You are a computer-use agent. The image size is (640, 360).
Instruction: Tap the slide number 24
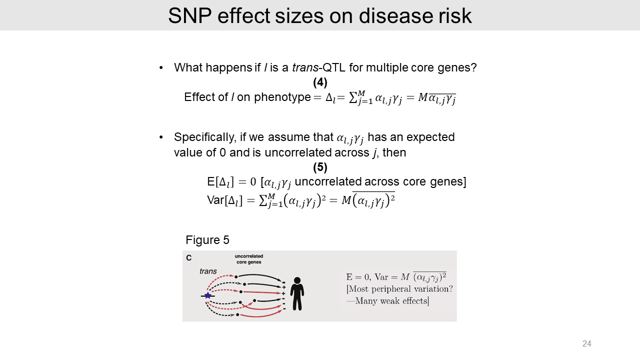click(x=586, y=343)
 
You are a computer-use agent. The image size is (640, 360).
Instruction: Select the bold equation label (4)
click(x=320, y=82)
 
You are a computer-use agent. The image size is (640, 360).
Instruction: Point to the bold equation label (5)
click(x=320, y=167)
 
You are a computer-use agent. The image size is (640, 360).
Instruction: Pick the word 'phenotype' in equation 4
click(x=282, y=97)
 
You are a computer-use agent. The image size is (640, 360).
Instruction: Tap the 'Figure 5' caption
click(x=207, y=240)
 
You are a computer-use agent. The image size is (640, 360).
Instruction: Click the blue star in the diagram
click(x=208, y=295)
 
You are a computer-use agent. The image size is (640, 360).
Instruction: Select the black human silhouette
click(x=297, y=293)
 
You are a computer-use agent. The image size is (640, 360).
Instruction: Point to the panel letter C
click(x=189, y=258)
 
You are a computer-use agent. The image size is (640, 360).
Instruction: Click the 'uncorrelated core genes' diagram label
click(x=248, y=259)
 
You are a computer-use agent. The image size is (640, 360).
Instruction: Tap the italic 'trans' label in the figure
click(x=208, y=271)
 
